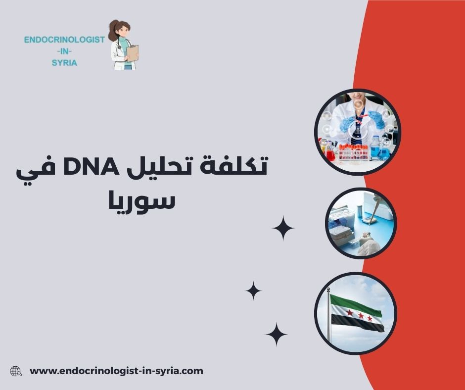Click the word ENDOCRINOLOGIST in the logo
64,40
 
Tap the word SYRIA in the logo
64,63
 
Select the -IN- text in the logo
64,51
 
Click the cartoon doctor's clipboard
132,53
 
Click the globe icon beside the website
16,371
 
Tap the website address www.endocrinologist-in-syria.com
117,371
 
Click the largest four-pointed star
283,228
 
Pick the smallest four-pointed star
253,291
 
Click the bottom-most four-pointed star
277,334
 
